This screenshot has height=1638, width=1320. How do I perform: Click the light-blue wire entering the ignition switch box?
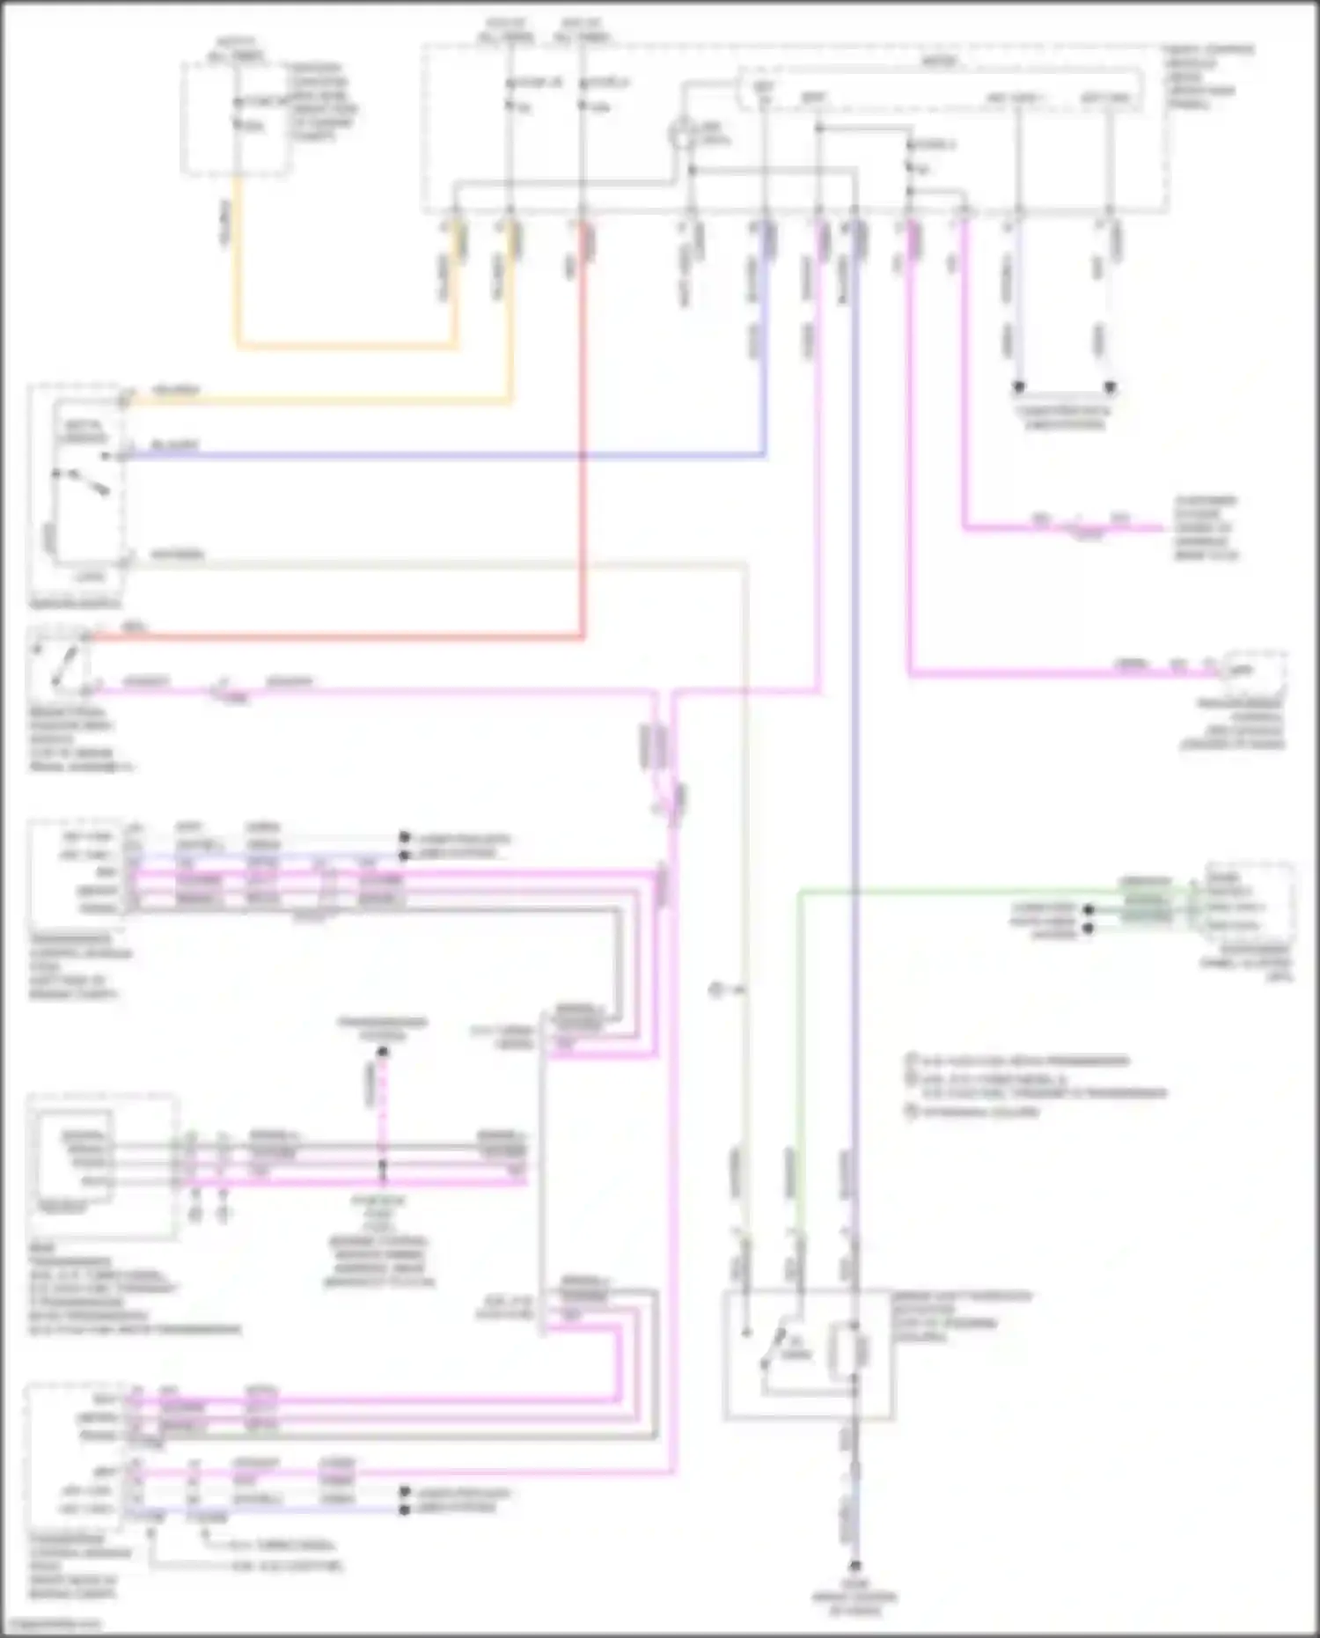[440, 456]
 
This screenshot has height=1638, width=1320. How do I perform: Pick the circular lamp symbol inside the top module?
[682, 136]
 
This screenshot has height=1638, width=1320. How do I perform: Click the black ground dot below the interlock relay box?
[854, 1566]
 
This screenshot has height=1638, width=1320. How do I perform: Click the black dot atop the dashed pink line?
[382, 1051]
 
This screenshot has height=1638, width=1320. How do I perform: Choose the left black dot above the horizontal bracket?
[1019, 387]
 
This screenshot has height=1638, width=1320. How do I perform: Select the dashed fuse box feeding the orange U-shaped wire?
[235, 117]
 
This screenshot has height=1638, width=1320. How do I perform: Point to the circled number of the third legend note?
[913, 1112]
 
